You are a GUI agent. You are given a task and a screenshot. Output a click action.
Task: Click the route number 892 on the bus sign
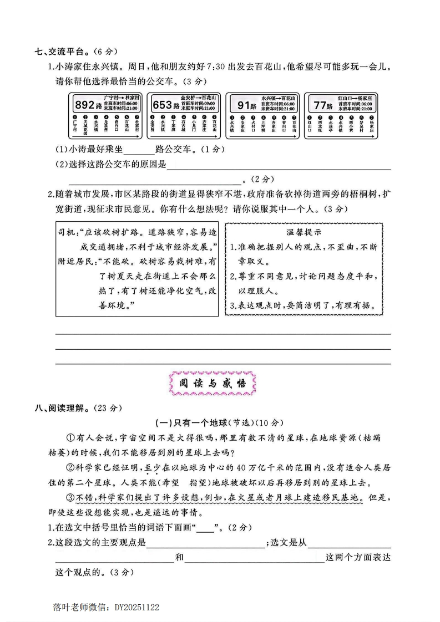[85, 105]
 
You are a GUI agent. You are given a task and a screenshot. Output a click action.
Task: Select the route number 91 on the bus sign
[244, 105]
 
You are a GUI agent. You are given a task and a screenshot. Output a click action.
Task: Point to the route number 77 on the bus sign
[321, 105]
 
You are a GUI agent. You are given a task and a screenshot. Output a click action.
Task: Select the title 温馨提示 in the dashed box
[303, 232]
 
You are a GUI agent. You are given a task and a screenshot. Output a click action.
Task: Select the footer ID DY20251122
[136, 608]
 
